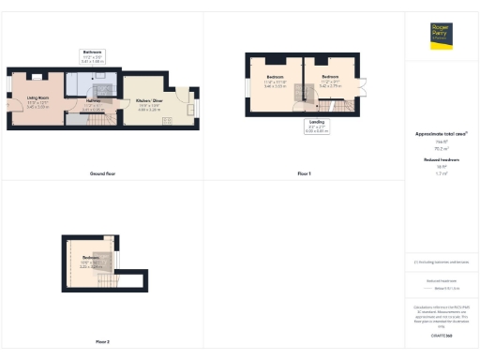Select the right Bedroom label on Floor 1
pyautogui.click(x=330, y=78)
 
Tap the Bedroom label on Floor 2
pyautogui.click(x=91, y=259)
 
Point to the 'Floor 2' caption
pyautogui.click(x=102, y=341)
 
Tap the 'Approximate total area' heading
pyautogui.click(x=440, y=134)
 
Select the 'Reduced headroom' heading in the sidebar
pyautogui.click(x=440, y=160)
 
